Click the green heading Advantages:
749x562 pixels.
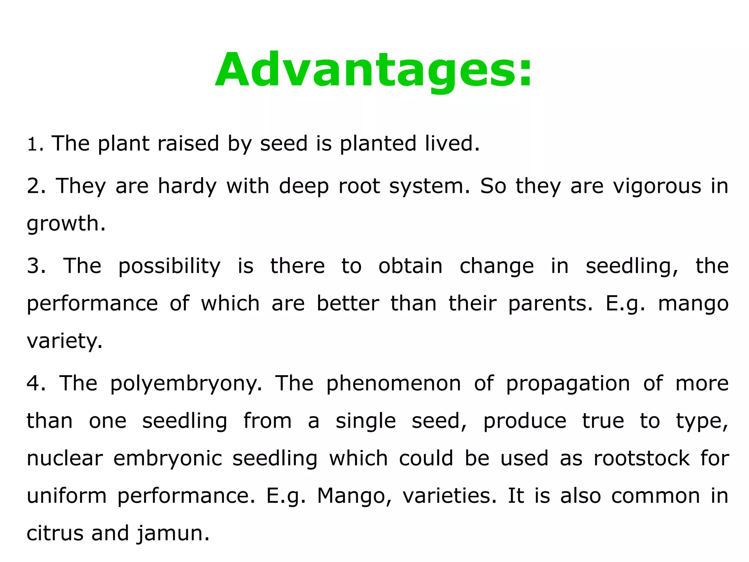[x=373, y=70]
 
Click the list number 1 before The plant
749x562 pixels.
[x=32, y=144]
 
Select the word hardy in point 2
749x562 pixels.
[x=187, y=186]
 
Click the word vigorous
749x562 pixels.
[x=657, y=186]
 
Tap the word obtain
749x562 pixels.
[x=410, y=266]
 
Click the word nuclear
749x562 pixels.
[x=64, y=459]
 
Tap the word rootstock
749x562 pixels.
[x=641, y=459]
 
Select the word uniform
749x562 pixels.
[x=67, y=496]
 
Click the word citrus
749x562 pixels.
[x=55, y=533]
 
